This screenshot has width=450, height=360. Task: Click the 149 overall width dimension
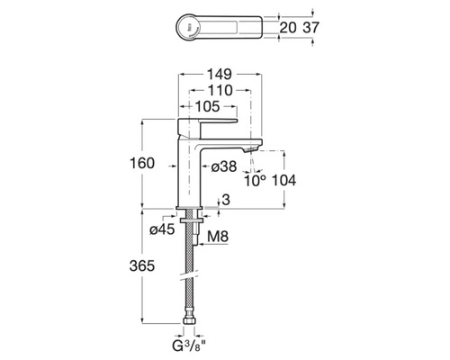(x=220, y=74)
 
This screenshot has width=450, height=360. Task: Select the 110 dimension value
(x=220, y=90)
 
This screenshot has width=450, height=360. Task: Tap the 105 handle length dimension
(x=208, y=106)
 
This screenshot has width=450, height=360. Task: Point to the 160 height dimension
(x=142, y=163)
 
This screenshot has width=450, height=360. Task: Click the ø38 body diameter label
(x=224, y=166)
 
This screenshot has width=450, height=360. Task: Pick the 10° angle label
(x=255, y=181)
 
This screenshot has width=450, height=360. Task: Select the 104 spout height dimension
(x=283, y=180)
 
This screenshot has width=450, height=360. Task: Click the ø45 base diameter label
(x=162, y=229)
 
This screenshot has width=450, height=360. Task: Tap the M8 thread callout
(x=218, y=237)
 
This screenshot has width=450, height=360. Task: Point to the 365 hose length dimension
(x=142, y=265)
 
